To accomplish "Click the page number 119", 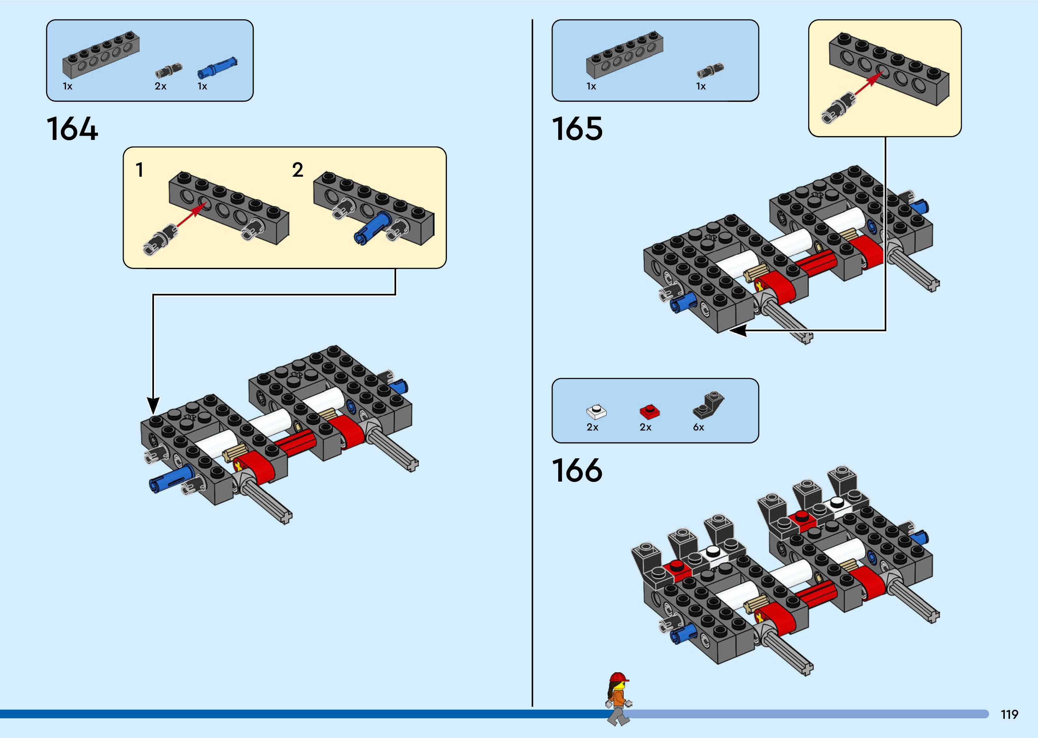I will click(x=1009, y=714).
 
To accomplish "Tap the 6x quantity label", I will click(x=699, y=427).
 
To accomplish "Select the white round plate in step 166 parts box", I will click(x=596, y=411).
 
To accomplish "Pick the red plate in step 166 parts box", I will click(x=649, y=411).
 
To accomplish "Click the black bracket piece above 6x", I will click(x=708, y=404).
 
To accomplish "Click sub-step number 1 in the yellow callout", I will click(x=140, y=170).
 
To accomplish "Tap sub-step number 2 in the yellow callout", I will click(x=298, y=170).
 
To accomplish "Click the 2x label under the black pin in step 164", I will click(x=160, y=86).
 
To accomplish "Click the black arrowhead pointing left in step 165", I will click(x=739, y=330).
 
